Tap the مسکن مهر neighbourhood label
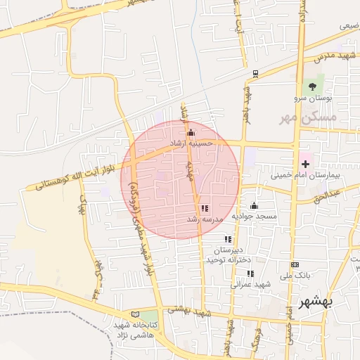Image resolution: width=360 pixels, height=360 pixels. [308, 116]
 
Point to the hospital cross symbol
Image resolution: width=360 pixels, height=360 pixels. [305, 162]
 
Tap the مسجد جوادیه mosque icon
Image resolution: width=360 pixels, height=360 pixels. [254, 206]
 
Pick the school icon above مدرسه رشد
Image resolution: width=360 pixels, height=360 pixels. [205, 209]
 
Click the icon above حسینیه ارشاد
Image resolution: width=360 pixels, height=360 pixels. [191, 132]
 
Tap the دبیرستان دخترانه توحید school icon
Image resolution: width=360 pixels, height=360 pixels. [228, 240]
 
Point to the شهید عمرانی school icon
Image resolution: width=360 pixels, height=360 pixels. [250, 274]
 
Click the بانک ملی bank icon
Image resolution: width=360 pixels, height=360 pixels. [294, 264]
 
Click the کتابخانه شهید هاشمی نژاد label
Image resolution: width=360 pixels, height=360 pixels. [133, 331]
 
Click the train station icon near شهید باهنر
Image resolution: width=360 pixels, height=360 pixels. [254, 72]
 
